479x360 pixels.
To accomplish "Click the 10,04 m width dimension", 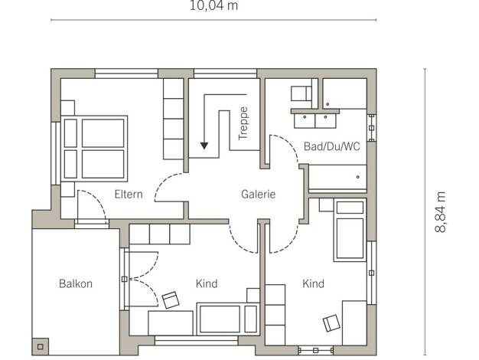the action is [x=213, y=5].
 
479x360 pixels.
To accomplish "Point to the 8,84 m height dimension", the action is [x=440, y=212].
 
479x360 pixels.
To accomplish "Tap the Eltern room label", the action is [x=129, y=195].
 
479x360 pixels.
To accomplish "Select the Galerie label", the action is [x=259, y=195].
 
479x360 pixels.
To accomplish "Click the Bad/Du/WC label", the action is [x=332, y=146].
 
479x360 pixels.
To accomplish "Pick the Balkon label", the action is [x=76, y=283].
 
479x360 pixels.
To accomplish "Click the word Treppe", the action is [x=243, y=123].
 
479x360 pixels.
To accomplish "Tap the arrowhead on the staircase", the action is [x=204, y=146].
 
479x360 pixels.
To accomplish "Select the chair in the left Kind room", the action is [x=171, y=299].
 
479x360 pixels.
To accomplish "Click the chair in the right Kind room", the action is [x=331, y=323].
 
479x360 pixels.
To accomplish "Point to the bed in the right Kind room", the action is [x=350, y=230].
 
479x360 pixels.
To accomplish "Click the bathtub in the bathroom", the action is [x=337, y=177].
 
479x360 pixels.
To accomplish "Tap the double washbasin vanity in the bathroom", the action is [x=315, y=119].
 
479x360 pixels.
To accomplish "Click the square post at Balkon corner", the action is [x=41, y=346].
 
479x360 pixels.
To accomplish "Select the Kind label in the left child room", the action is [x=207, y=283].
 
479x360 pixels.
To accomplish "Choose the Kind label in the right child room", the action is [x=314, y=283].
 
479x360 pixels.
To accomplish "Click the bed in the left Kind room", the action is [x=228, y=319].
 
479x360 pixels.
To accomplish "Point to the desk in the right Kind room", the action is [x=354, y=323].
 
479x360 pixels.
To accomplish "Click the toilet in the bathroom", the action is [x=301, y=93].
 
